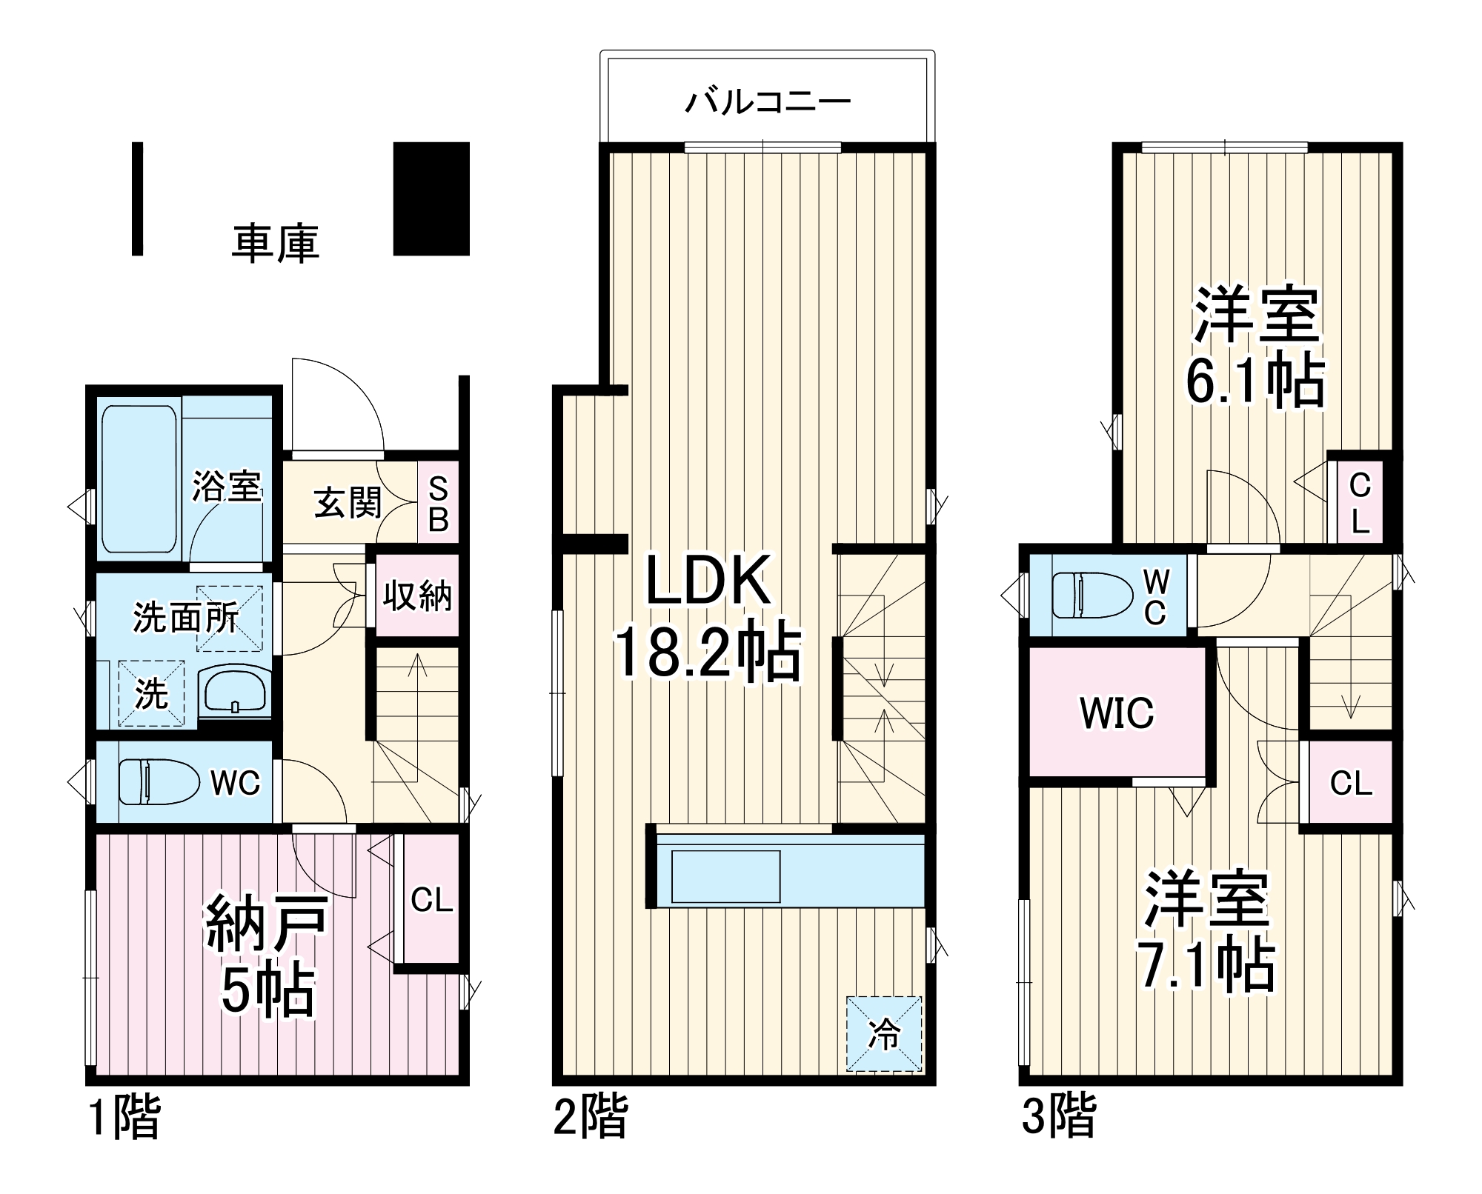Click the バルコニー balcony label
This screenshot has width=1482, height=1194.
point(768,101)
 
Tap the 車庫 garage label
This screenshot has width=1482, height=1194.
point(275,243)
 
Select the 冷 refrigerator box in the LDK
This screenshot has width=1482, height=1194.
point(884,1033)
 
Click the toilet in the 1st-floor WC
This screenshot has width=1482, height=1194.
point(159,781)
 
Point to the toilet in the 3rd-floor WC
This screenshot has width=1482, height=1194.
point(1092,595)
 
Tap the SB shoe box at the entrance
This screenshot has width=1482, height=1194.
point(438,504)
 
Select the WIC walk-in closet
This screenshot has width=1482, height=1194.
point(1117,713)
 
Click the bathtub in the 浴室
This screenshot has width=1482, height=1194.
point(139,479)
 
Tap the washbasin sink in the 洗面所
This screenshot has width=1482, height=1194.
point(235,690)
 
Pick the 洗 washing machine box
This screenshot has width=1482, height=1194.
point(151,693)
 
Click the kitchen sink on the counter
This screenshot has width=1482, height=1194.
point(725,876)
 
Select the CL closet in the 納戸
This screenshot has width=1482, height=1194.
point(431,900)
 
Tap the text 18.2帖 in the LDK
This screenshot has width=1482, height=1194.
point(708,653)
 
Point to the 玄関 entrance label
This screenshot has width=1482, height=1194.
point(348,503)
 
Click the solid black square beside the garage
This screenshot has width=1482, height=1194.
point(431,199)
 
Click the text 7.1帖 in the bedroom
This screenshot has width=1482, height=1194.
point(1207,965)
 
